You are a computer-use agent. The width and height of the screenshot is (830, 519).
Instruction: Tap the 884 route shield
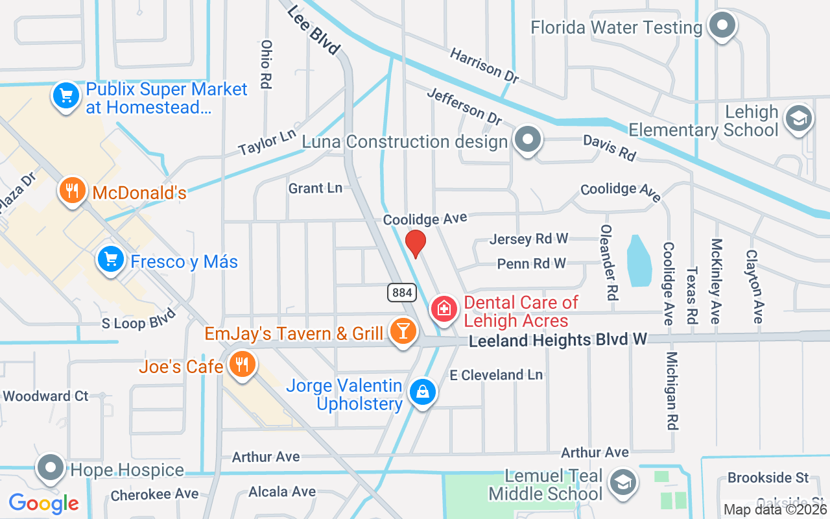pyautogui.click(x=402, y=293)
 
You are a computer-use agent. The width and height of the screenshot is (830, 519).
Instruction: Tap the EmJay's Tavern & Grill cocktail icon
pyautogui.click(x=403, y=332)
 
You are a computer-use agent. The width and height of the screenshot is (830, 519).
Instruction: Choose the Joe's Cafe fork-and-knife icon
pyautogui.click(x=242, y=365)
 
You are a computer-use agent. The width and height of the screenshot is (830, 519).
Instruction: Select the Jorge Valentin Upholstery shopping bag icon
pyautogui.click(x=422, y=391)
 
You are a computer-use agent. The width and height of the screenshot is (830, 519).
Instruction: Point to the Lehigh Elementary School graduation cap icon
pyautogui.click(x=799, y=119)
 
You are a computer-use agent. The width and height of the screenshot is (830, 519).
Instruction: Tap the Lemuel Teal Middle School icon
pyautogui.click(x=623, y=482)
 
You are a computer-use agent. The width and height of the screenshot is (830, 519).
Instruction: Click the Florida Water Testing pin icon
pyautogui.click(x=722, y=27)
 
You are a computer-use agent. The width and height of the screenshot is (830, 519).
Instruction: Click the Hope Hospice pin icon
pyautogui.click(x=50, y=468)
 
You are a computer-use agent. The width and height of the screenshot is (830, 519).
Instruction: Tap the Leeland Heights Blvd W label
pyautogui.click(x=558, y=339)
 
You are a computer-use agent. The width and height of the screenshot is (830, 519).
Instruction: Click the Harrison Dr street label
pyautogui.click(x=484, y=66)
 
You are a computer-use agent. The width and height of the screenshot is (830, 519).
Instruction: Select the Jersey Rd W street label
pyautogui.click(x=528, y=239)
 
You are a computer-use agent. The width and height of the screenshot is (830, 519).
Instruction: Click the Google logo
pyautogui.click(x=44, y=503)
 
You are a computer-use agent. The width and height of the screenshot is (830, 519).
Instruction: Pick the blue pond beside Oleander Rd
pyautogui.click(x=639, y=260)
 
